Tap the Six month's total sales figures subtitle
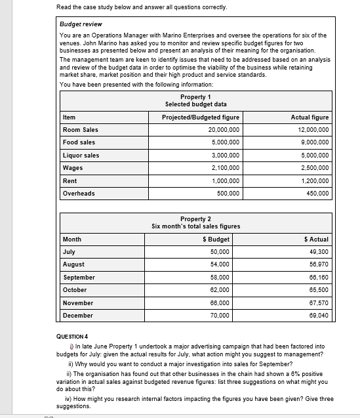click(195, 226)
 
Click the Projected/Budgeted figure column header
click(201, 117)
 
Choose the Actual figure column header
click(310, 117)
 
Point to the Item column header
click(69, 117)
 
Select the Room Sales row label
click(80, 130)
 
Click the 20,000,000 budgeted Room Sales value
click(223, 130)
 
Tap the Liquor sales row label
click(81, 156)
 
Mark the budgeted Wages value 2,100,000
click(225, 168)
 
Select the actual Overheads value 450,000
click(316, 194)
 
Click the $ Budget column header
click(216, 240)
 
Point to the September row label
click(79, 278)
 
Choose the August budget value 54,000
click(220, 264)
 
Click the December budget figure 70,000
click(220, 316)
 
